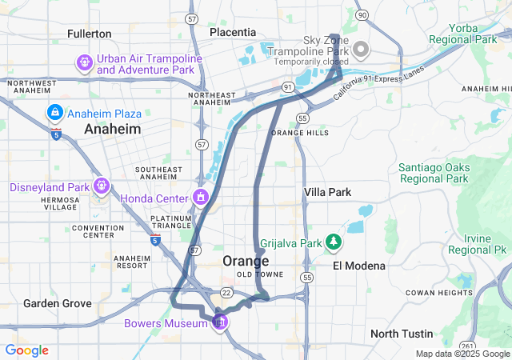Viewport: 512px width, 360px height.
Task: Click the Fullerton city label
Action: [x=90, y=34]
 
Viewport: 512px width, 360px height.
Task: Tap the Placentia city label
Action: [x=233, y=32]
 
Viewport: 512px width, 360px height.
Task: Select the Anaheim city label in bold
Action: [x=113, y=129]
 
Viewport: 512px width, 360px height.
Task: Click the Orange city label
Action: [x=246, y=261]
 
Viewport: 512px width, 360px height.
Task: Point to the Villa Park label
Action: [x=327, y=192]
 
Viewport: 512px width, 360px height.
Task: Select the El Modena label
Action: [x=359, y=265]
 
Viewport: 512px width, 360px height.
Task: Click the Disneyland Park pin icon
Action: [x=101, y=187]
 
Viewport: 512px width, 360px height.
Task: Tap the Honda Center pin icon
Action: [x=199, y=197]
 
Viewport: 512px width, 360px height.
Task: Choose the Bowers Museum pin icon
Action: [x=219, y=322]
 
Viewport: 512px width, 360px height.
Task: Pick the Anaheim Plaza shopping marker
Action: [x=55, y=112]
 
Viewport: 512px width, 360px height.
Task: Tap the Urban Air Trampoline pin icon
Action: [x=84, y=62]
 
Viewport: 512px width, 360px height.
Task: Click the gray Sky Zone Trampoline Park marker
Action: [x=361, y=50]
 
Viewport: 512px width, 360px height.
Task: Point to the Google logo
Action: [x=27, y=350]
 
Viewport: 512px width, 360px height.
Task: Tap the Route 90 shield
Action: [x=362, y=15]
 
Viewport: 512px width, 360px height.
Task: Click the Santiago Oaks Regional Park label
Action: [x=433, y=173]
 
